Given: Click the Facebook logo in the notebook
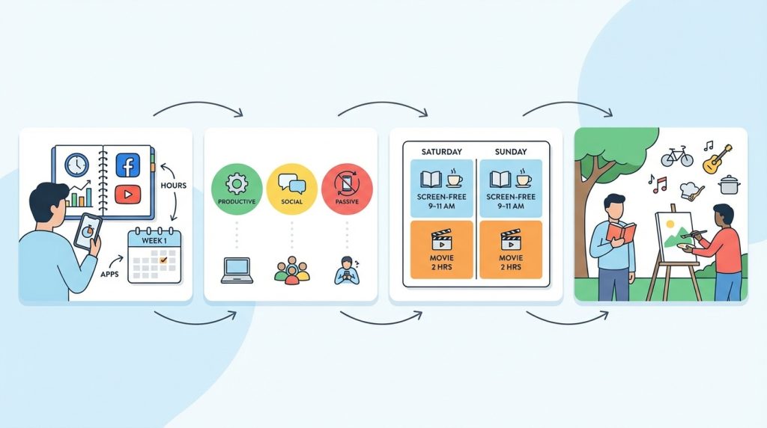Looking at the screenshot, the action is click(x=127, y=165).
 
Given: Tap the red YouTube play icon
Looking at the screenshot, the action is click(x=127, y=195).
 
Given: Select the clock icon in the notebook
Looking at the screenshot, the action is click(x=77, y=165).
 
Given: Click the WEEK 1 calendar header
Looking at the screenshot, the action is click(x=154, y=240).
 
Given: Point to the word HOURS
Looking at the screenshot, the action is click(x=174, y=186).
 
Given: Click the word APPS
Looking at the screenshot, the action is click(x=109, y=274).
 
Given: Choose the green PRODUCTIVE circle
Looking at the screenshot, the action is click(x=237, y=189).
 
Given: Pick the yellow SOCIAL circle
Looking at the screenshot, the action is click(x=292, y=189).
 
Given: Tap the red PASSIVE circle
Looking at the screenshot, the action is click(x=348, y=189).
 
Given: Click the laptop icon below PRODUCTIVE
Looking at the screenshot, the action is click(x=237, y=270).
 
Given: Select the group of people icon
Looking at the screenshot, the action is click(x=292, y=271).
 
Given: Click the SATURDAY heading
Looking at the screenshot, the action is click(x=442, y=151).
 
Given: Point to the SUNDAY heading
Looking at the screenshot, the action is click(x=511, y=151).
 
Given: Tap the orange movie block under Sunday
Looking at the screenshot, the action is click(x=511, y=250).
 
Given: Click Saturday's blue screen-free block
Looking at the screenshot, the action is click(x=442, y=188).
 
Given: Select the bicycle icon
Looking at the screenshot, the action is click(x=677, y=156).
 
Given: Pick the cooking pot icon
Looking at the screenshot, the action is click(x=729, y=185).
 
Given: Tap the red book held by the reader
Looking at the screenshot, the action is click(x=621, y=231).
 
